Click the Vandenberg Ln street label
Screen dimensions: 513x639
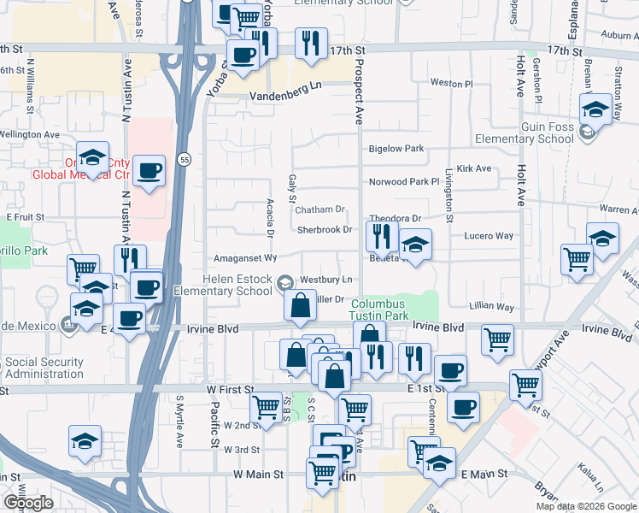[x=286, y=85]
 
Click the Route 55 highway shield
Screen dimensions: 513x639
[x=185, y=159]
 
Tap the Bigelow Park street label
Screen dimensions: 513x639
[x=396, y=149]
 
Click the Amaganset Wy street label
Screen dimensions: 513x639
[x=245, y=257]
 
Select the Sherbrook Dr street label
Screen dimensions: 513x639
[x=325, y=230]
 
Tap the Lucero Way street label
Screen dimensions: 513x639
[x=489, y=235]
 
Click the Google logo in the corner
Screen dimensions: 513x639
[x=27, y=503]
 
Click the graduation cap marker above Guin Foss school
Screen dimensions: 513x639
[x=595, y=109]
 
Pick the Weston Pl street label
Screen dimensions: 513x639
[x=451, y=84]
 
